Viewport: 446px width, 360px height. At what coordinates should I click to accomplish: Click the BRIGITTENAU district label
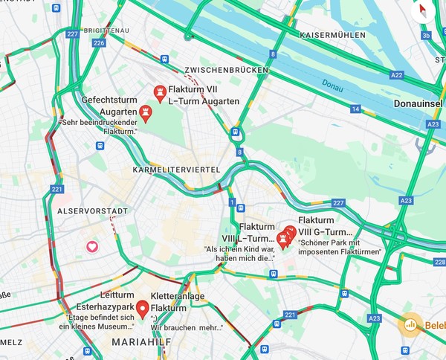[x=108, y=30]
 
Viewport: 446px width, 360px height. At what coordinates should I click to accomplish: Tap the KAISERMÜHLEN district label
[x=332, y=35]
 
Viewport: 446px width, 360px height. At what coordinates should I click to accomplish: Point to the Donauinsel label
[x=419, y=104]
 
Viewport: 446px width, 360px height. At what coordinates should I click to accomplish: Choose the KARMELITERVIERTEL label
[x=176, y=170]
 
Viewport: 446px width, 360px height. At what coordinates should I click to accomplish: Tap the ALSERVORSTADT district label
[x=88, y=211]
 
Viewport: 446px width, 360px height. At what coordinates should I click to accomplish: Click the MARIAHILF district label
[x=136, y=342]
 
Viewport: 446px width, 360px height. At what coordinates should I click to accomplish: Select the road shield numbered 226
[x=100, y=43]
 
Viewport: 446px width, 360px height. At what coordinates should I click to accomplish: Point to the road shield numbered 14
[x=355, y=109]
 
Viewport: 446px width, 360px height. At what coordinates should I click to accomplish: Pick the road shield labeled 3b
[x=425, y=35]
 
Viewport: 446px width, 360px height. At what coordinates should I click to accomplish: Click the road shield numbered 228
[x=439, y=262]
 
